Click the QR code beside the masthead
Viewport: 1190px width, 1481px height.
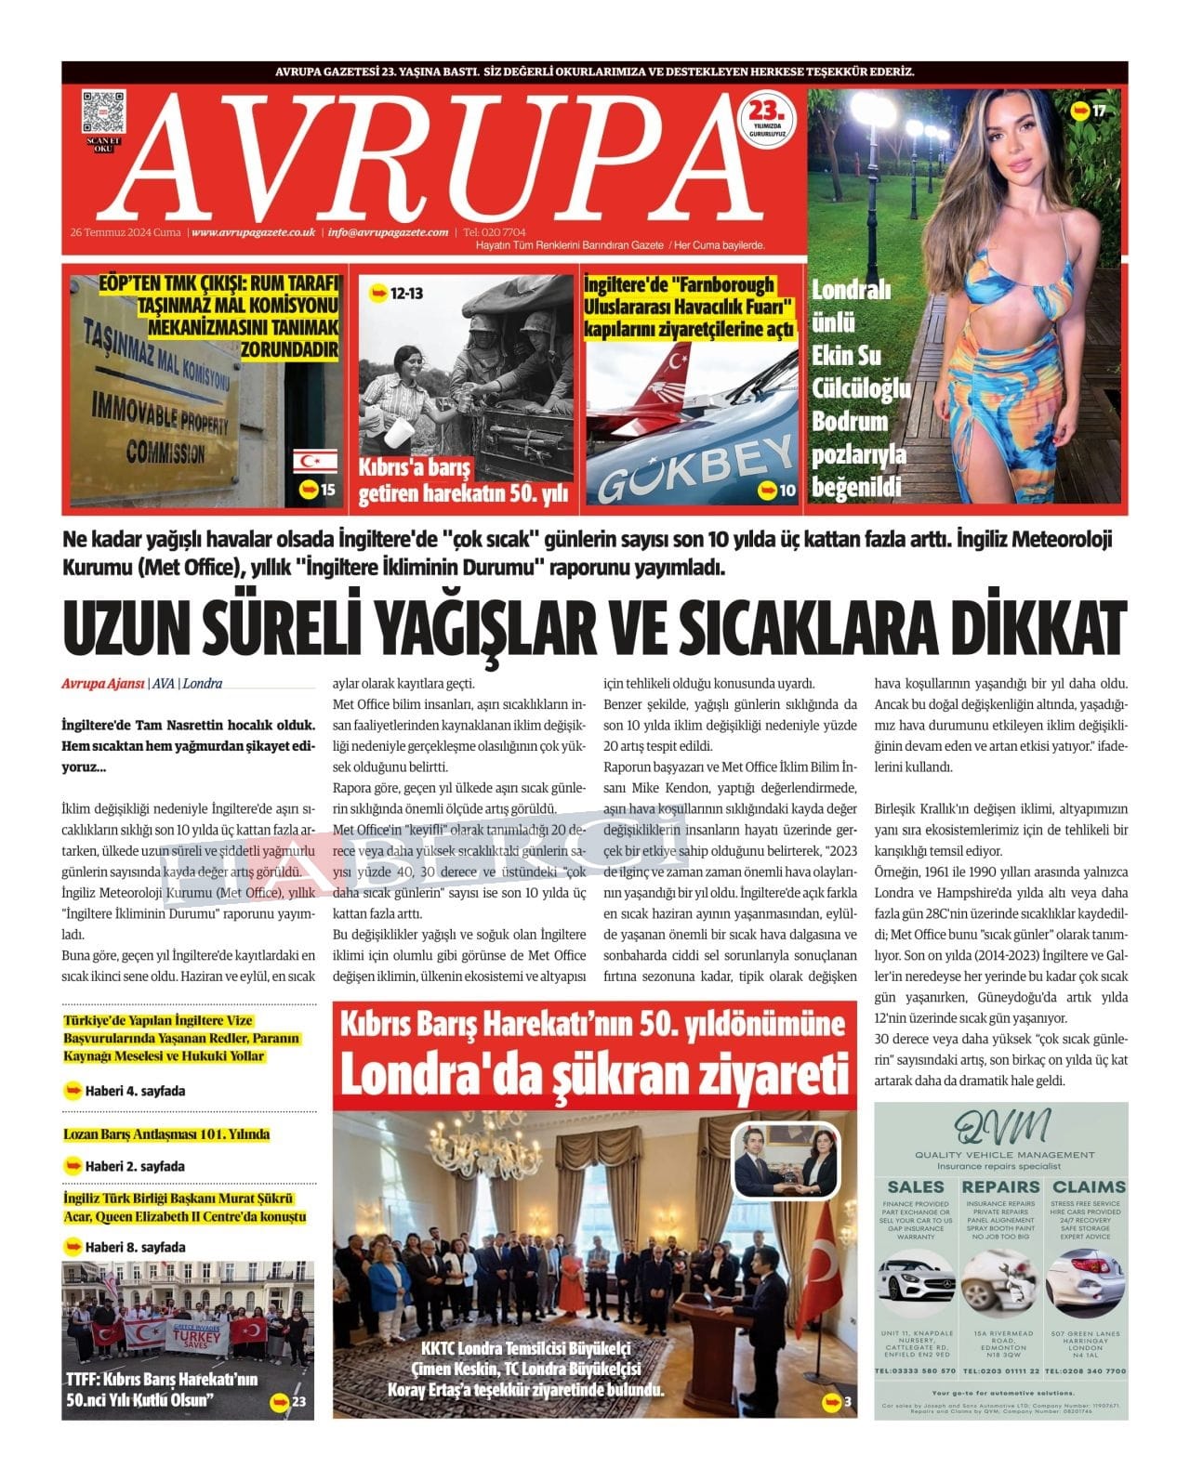pos(103,112)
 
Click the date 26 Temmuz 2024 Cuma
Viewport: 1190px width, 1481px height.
pos(126,232)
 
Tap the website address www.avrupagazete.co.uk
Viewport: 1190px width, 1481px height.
pos(254,232)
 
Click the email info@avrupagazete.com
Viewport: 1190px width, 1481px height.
pos(388,232)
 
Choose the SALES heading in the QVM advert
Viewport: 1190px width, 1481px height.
pos(916,1186)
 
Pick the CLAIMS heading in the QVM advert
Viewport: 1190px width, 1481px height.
pos(1089,1186)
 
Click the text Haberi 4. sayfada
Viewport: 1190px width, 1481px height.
pos(135,1091)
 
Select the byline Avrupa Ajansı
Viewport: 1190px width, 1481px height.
pos(102,684)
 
